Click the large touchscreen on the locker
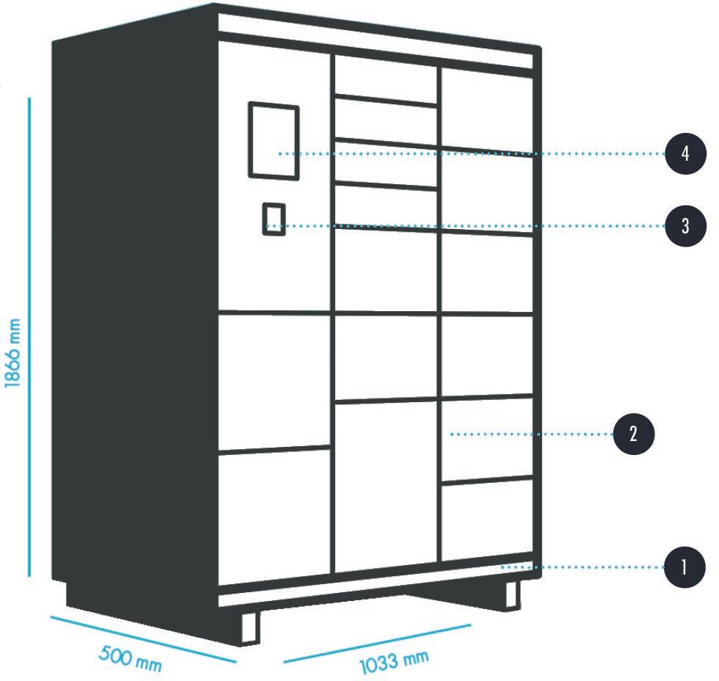click(x=274, y=140)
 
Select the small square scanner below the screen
click(x=274, y=219)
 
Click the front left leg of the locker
click(x=250, y=627)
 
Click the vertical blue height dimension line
click(x=30, y=338)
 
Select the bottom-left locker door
click(x=274, y=511)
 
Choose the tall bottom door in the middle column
click(x=386, y=484)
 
